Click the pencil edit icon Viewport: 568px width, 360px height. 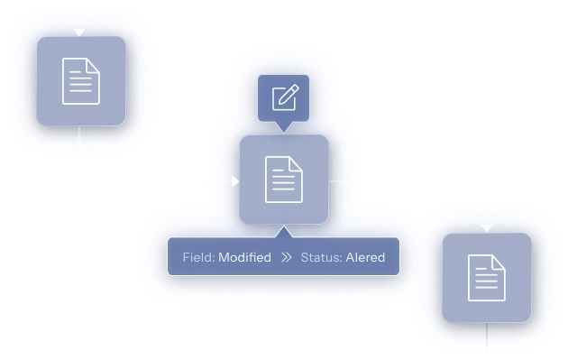click(286, 97)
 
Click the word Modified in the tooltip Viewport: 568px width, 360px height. click(245, 257)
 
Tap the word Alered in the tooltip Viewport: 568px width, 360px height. click(365, 257)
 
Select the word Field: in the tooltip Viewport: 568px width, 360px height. click(199, 257)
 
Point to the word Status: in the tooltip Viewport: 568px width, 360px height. click(321, 257)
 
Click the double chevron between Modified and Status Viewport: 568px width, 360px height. click(286, 257)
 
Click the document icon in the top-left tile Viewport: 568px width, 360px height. click(81, 81)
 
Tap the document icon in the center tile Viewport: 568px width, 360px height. click(284, 180)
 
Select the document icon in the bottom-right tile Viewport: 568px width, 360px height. click(487, 278)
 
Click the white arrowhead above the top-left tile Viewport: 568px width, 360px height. click(79, 32)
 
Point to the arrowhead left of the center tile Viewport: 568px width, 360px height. click(235, 181)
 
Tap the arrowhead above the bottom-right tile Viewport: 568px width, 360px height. click(487, 228)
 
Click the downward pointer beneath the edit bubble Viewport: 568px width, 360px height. click(284, 127)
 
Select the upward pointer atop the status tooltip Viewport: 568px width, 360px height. click(284, 232)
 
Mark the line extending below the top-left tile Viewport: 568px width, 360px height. click(79, 143)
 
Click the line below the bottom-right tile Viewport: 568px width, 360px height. click(487, 337)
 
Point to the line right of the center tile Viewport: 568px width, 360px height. click(344, 181)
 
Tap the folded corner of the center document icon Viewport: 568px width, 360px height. click(297, 163)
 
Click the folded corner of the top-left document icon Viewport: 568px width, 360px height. click(94, 65)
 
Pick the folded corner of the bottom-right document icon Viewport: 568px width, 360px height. click(499, 263)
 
